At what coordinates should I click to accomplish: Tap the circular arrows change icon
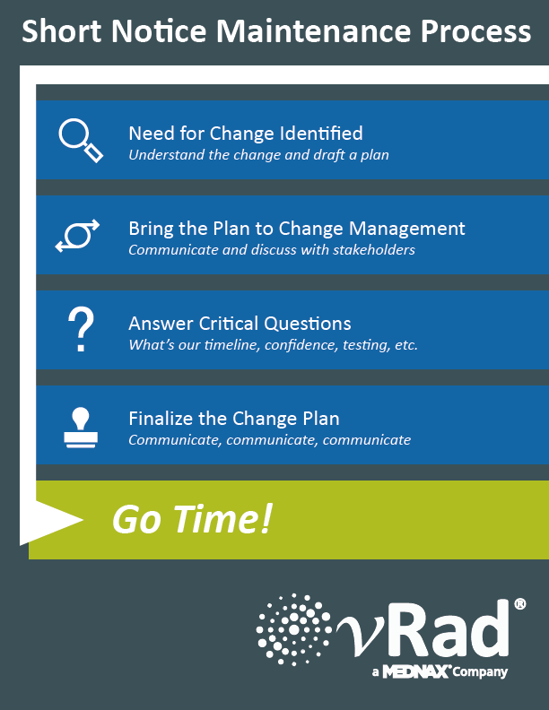point(77,236)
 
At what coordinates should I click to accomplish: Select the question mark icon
point(81,329)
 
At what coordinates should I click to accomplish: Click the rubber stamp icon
point(81,428)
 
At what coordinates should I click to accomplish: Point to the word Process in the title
point(475,31)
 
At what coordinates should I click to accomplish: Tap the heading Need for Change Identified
point(246,133)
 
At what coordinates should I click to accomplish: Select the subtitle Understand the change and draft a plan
point(258,155)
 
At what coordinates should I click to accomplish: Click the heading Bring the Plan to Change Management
point(297,229)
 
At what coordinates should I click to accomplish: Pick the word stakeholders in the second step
point(374,249)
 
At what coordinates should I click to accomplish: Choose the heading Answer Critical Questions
point(240,324)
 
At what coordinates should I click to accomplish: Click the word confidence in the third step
point(301,345)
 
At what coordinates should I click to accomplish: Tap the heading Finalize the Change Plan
point(234,419)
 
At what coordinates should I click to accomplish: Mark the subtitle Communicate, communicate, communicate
point(269,440)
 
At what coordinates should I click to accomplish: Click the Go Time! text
point(192,519)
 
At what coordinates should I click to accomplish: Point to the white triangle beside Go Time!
point(52,521)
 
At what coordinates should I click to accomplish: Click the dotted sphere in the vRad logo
point(293,629)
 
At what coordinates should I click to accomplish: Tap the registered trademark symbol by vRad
point(520,604)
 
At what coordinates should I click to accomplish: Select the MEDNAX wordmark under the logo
point(416,671)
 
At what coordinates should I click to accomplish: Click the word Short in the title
point(62,31)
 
